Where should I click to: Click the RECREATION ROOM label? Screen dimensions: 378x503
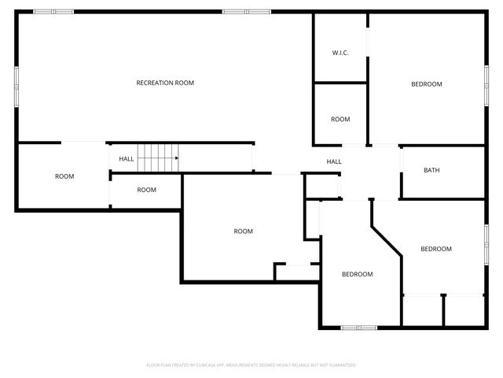[x=165, y=83]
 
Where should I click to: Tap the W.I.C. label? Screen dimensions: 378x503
[x=340, y=53]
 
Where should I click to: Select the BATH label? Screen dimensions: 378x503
[x=431, y=170]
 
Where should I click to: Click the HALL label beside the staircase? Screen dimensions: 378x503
[x=127, y=158]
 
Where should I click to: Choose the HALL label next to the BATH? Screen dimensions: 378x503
[x=334, y=161]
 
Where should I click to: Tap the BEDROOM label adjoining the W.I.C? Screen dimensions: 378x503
[x=427, y=84]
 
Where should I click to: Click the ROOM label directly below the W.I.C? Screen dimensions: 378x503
[x=340, y=119]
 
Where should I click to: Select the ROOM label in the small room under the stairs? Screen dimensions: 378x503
[x=147, y=190]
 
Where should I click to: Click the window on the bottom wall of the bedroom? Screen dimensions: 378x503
[x=358, y=327]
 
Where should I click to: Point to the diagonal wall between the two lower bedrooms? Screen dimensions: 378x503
[x=386, y=239]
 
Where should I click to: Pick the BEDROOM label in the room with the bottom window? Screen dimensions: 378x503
[x=357, y=274]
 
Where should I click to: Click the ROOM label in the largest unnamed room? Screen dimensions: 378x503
[x=244, y=231]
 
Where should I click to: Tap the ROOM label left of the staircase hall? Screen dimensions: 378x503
[x=64, y=176]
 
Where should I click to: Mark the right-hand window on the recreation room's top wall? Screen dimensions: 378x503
[x=245, y=12]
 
